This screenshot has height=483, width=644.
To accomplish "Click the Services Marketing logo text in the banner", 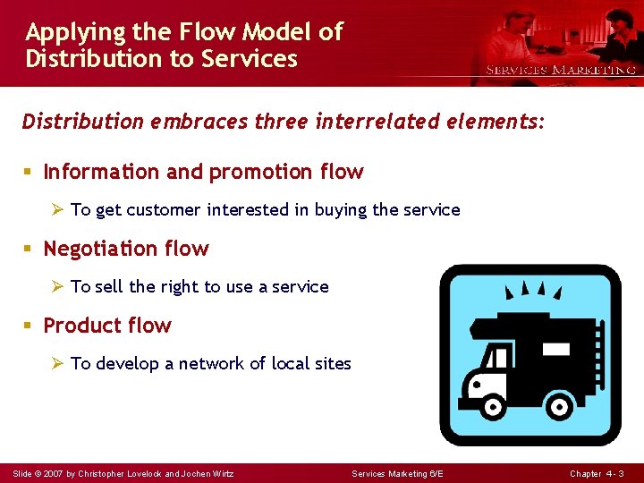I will [x=560, y=70].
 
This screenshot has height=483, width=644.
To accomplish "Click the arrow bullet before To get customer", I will [x=58, y=210].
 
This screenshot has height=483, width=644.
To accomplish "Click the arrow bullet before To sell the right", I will [x=58, y=287].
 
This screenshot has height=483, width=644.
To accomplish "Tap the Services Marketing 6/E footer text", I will [x=397, y=473].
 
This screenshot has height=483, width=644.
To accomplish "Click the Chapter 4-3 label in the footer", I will [x=597, y=473].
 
